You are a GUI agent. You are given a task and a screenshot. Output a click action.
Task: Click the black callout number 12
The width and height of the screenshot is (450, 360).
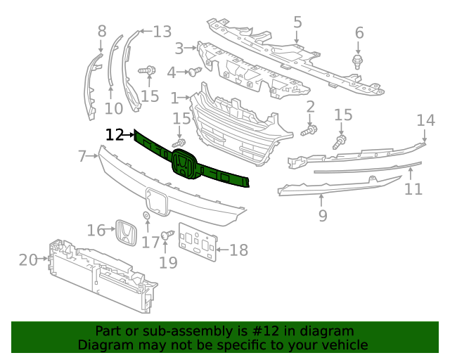(x=114, y=134)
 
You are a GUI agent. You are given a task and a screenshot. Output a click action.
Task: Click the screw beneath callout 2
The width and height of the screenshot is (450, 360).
(x=309, y=130)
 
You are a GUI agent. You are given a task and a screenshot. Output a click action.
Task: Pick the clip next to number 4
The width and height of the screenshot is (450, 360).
(x=193, y=71)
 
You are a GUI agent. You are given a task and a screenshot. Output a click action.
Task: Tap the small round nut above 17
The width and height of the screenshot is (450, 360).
(x=146, y=215)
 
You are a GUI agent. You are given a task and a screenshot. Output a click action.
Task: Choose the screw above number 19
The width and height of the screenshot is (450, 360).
(x=168, y=235)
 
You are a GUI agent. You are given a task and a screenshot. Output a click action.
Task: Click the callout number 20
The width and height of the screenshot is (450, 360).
(x=27, y=260)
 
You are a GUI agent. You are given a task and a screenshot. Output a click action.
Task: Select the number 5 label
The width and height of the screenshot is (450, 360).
(x=297, y=22)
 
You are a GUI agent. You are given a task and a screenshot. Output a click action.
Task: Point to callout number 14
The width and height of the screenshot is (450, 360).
(x=426, y=120)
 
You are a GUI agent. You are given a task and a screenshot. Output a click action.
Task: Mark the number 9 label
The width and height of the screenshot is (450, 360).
(x=323, y=215)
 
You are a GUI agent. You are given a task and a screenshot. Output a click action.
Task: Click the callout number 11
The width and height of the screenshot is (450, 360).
(x=413, y=188)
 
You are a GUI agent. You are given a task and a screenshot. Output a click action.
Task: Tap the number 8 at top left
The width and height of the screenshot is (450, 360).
(x=102, y=30)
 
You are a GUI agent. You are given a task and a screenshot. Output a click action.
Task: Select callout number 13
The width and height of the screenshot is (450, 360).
(x=162, y=31)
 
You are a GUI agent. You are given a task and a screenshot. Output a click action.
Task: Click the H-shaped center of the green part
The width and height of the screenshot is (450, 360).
(x=183, y=167)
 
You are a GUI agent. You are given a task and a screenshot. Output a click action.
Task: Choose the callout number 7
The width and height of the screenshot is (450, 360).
(x=82, y=155)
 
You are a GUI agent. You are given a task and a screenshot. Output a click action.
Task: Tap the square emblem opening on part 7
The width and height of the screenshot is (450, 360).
(x=155, y=201)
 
